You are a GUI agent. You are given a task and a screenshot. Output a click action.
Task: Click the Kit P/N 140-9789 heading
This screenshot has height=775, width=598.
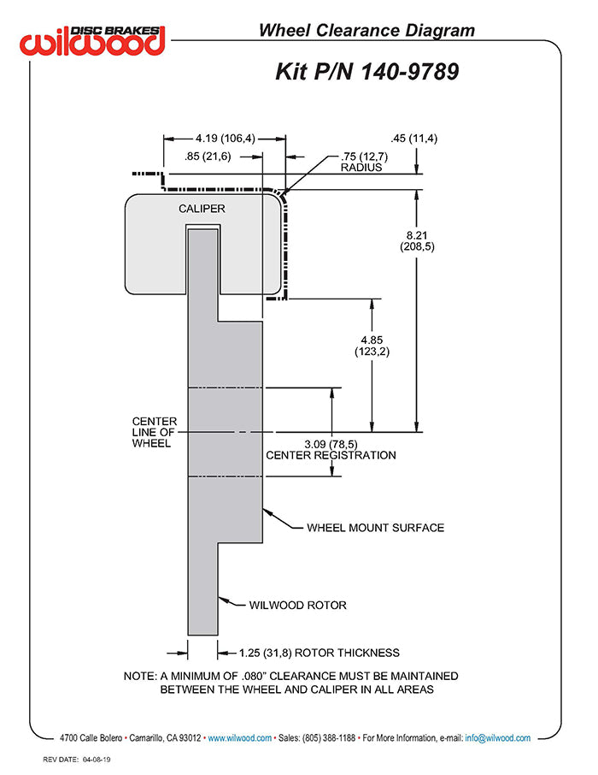(x=367, y=70)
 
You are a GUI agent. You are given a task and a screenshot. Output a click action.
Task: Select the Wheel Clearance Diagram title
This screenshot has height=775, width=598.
(x=366, y=31)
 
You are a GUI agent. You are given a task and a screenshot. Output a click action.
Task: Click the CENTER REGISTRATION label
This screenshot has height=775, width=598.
(x=331, y=455)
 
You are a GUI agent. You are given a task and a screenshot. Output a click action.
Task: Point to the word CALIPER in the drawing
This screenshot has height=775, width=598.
(x=202, y=209)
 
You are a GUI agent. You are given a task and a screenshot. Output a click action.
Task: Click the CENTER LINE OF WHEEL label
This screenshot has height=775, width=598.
(x=154, y=432)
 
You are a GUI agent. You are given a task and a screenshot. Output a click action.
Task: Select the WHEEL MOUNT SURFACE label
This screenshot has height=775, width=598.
(x=375, y=527)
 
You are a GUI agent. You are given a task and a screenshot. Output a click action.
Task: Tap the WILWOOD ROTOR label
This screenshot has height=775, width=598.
(x=297, y=605)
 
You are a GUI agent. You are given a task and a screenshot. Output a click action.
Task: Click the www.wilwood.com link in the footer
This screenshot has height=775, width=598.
(x=240, y=737)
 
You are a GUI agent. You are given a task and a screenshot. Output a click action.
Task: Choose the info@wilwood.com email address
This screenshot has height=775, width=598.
(x=498, y=737)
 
